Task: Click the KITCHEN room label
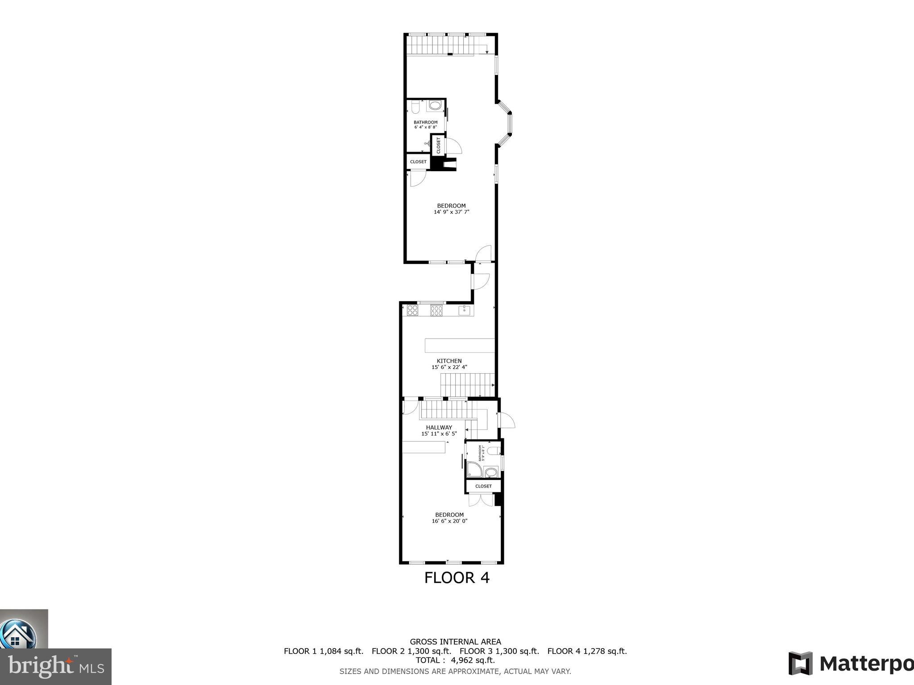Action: click(449, 361)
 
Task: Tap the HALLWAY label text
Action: click(439, 427)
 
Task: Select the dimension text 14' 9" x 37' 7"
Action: click(451, 212)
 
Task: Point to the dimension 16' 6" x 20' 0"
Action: click(449, 521)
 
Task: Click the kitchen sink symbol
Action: click(465, 310)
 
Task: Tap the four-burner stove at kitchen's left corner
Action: click(412, 310)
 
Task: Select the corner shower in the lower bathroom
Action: click(473, 470)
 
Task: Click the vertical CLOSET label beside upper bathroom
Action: click(438, 145)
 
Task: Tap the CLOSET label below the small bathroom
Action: click(483, 486)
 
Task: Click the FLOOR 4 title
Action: click(457, 578)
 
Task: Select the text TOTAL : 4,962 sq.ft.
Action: click(455, 660)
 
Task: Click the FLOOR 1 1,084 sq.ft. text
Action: click(324, 651)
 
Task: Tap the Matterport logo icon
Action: click(800, 664)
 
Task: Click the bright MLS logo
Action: click(56, 666)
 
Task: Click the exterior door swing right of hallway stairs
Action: click(507, 420)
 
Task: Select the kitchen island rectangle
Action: click(460, 346)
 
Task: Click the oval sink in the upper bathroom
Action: click(435, 106)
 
